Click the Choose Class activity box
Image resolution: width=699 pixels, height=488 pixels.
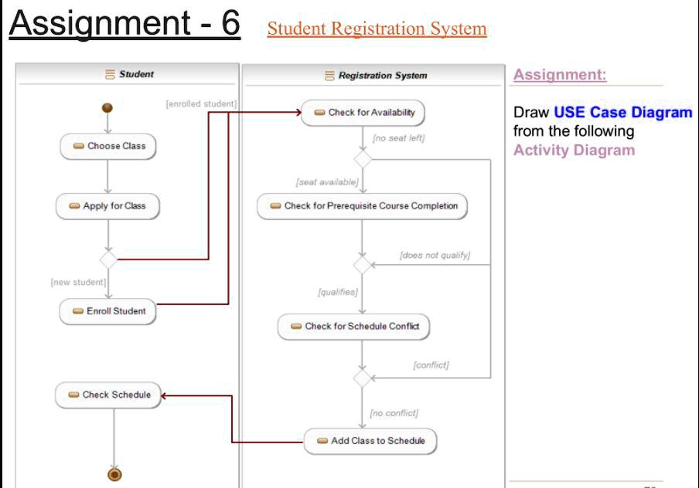click(108, 146)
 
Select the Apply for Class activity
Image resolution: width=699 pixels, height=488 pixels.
click(107, 206)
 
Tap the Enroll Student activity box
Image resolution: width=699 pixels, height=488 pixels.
click(108, 311)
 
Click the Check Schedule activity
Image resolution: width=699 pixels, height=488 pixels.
click(108, 395)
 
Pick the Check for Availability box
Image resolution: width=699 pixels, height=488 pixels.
click(363, 113)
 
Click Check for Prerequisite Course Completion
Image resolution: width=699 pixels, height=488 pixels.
click(363, 206)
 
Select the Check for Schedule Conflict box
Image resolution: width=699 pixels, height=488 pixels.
click(354, 327)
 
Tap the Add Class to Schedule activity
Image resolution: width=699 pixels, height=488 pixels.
click(370, 441)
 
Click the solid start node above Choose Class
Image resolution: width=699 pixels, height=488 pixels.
click(107, 107)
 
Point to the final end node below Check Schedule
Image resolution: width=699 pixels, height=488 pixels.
click(114, 473)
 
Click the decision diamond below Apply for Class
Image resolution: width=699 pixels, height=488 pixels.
click(108, 259)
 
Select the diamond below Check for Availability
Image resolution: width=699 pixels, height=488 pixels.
click(362, 159)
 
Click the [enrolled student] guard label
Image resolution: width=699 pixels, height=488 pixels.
click(201, 103)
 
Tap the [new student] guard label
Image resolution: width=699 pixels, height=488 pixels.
click(78, 282)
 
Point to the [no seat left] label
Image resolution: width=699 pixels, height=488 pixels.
click(398, 138)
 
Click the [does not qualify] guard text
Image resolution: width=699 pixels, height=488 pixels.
click(435, 255)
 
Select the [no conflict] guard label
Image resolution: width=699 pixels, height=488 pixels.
click(394, 413)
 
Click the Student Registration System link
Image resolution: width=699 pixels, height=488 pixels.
click(377, 29)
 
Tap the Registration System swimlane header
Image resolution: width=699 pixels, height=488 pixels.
click(376, 76)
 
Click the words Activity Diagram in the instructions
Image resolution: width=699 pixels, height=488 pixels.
click(574, 150)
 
